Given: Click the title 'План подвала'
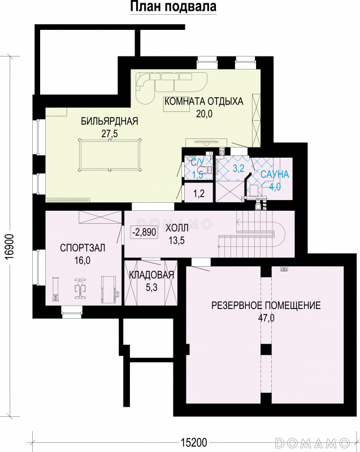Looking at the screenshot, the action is [x=174, y=6].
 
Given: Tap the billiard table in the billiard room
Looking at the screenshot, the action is [x=110, y=155].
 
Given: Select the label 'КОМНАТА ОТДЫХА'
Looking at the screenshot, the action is [x=204, y=102].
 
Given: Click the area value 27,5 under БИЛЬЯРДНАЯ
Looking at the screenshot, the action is [x=110, y=134].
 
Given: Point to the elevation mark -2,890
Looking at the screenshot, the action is [x=144, y=232].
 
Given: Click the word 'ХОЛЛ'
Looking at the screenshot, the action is [x=177, y=228].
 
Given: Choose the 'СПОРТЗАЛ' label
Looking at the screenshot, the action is [x=83, y=248].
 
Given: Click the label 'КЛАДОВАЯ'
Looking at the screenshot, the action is [x=151, y=275].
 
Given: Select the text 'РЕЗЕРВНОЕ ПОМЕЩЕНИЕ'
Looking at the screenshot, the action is [x=266, y=305].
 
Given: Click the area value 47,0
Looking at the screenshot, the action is [x=266, y=318].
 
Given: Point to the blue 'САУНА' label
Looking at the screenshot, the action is [x=275, y=175].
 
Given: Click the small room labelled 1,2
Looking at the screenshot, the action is [x=198, y=193].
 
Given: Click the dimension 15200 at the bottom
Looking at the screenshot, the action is [x=194, y=442].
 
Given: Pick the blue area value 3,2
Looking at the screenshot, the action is [x=238, y=168].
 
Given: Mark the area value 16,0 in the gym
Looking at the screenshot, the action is [x=83, y=260].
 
